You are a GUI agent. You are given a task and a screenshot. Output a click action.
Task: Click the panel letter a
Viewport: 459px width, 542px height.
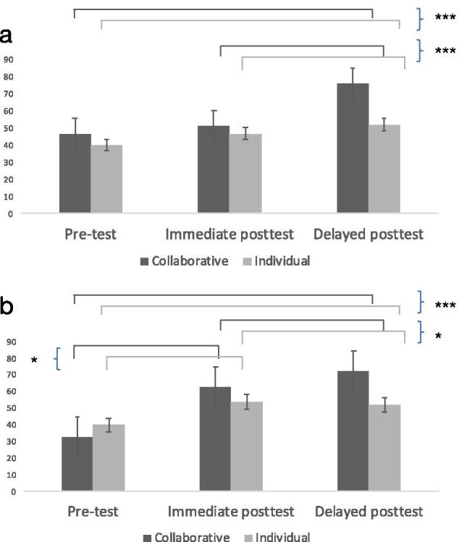9,36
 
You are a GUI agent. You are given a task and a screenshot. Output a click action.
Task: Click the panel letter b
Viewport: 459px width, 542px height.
9,307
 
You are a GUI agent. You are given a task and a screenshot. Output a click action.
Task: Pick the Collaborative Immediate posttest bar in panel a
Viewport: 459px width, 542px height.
214,169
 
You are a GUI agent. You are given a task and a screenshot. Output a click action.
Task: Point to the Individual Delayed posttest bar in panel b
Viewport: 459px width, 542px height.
384,448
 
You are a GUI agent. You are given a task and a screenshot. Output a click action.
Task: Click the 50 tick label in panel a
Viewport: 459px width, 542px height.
9,128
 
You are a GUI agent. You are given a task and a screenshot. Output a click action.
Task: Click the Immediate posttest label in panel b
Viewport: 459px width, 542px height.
231,512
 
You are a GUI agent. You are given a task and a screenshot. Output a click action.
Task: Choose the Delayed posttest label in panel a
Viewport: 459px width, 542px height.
369,235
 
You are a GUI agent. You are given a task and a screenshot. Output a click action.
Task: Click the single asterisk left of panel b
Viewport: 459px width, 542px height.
34,360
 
